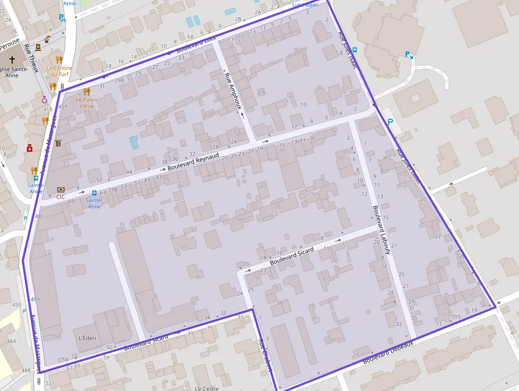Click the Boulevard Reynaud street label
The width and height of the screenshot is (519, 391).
[193, 162]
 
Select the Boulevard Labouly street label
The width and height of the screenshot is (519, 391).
[381, 229]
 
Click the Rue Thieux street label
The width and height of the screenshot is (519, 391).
[32, 58]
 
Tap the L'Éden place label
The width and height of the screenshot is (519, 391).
[87, 337]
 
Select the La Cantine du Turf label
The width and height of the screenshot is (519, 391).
[59, 71]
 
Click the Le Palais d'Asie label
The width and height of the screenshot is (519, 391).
[86, 102]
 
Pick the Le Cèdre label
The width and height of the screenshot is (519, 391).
[207, 388]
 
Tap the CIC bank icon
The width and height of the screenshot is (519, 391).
[61, 189]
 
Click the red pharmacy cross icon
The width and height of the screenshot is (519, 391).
[30, 149]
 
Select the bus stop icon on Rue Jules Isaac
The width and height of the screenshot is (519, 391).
[355, 50]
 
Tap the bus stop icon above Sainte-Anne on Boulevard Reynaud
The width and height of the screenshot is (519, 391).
[94, 193]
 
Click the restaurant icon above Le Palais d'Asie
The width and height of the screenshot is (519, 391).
[87, 91]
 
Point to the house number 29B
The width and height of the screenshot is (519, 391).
[119, 80]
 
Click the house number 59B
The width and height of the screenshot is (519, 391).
[113, 189]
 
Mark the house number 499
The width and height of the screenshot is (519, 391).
[35, 300]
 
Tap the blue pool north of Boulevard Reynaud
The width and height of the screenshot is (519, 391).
[134, 142]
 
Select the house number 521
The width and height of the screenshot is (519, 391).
[50, 383]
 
